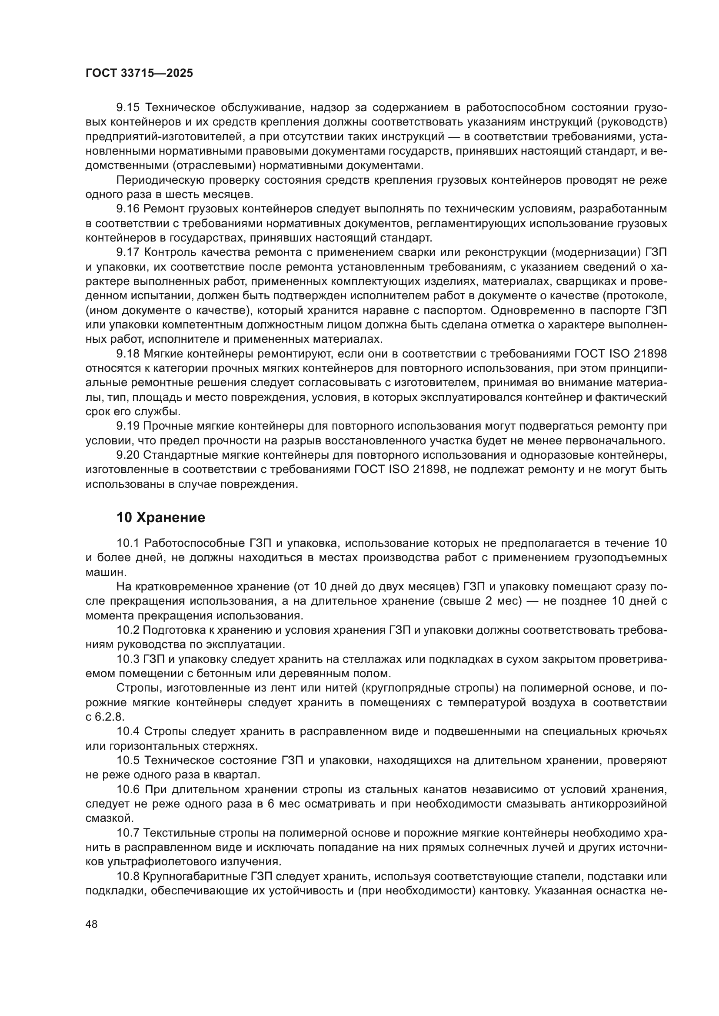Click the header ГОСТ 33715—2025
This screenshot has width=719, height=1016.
click(139, 73)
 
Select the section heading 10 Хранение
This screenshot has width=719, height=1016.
click(161, 517)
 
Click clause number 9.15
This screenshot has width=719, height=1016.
click(128, 108)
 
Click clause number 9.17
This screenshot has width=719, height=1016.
click(128, 252)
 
